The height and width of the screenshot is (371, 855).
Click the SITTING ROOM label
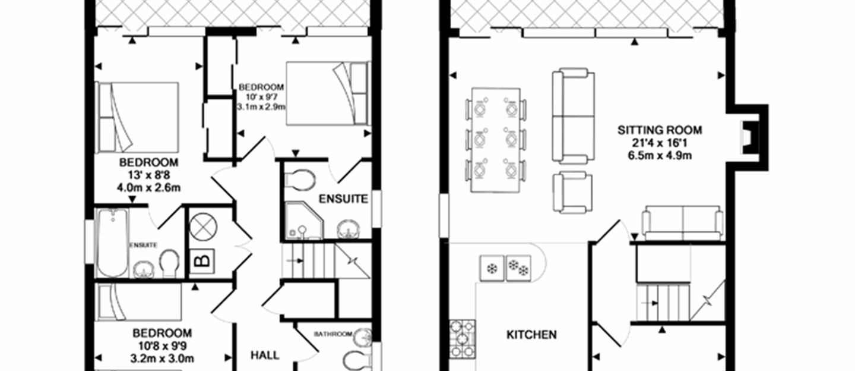[x=660, y=130]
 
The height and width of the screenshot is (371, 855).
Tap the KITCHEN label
[x=531, y=335]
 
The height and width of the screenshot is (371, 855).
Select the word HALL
[x=265, y=356]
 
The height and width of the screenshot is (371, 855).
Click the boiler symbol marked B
[x=202, y=262]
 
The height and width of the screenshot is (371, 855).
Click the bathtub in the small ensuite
[x=112, y=243]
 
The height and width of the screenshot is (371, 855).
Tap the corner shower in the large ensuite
[x=304, y=221]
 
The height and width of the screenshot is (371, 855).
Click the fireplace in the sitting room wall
[x=748, y=137]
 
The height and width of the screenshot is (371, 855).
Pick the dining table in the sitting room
[x=496, y=140]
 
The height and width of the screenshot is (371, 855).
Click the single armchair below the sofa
[x=572, y=192]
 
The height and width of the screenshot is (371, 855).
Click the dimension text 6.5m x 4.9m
[x=660, y=156]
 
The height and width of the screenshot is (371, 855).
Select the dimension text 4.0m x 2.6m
[x=149, y=188]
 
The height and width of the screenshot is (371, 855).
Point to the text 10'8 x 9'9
[x=162, y=346]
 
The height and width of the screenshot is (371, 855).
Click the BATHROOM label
[x=333, y=334]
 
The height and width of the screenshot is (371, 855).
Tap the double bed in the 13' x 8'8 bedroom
[x=137, y=117]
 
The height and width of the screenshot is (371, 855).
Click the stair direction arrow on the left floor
[x=295, y=261]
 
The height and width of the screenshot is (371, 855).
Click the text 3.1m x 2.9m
[x=261, y=107]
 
